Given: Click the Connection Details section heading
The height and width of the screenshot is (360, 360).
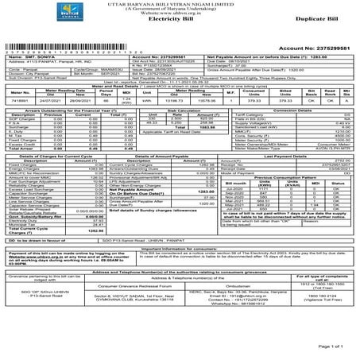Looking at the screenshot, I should (x=296, y=110).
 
